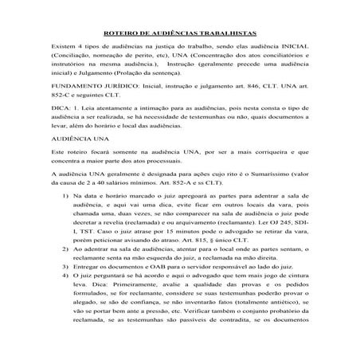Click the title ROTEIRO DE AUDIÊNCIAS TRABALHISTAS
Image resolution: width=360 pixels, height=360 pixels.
181,35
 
